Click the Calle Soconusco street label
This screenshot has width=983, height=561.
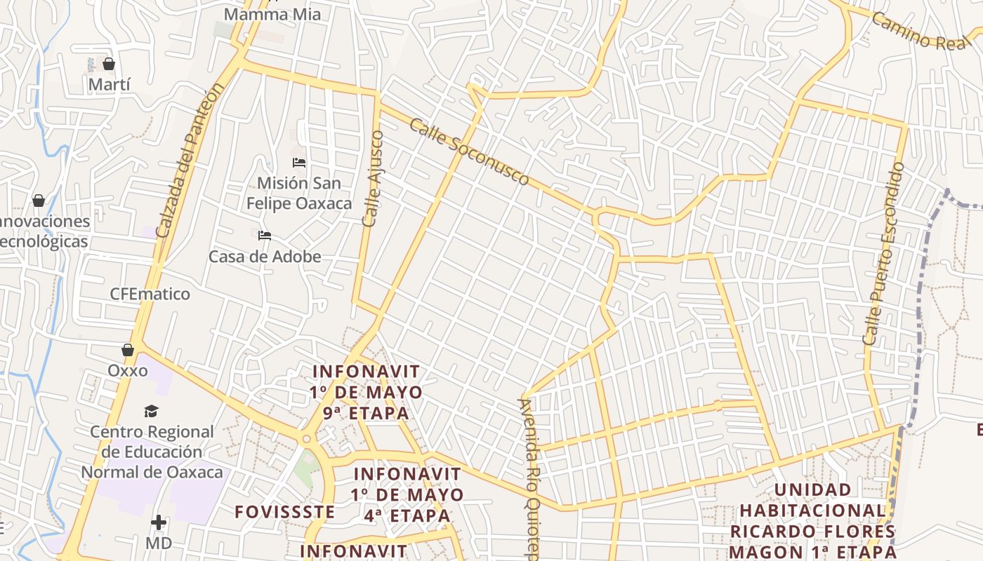(468, 151)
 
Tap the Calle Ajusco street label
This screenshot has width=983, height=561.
(373, 178)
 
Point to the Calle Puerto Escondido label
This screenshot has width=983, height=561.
(883, 253)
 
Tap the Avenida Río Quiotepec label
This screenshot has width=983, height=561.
(530, 477)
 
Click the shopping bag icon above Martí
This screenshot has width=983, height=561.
(109, 65)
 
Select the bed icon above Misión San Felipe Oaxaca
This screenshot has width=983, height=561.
(299, 163)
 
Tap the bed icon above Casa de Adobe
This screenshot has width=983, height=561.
(265, 236)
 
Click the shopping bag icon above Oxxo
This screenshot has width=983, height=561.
(128, 349)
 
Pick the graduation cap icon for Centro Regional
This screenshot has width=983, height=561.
(152, 411)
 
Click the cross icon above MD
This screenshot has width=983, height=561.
(159, 522)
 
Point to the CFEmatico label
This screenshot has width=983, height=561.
(150, 294)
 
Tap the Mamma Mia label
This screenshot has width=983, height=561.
(272, 14)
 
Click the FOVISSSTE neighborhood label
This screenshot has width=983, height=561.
(285, 512)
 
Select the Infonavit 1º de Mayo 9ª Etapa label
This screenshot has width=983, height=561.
(366, 391)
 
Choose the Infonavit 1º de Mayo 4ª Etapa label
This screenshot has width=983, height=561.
(407, 495)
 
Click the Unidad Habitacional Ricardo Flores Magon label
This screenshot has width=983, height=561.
(812, 520)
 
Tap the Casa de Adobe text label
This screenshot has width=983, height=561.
(265, 257)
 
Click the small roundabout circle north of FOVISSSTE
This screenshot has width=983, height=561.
(306, 440)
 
